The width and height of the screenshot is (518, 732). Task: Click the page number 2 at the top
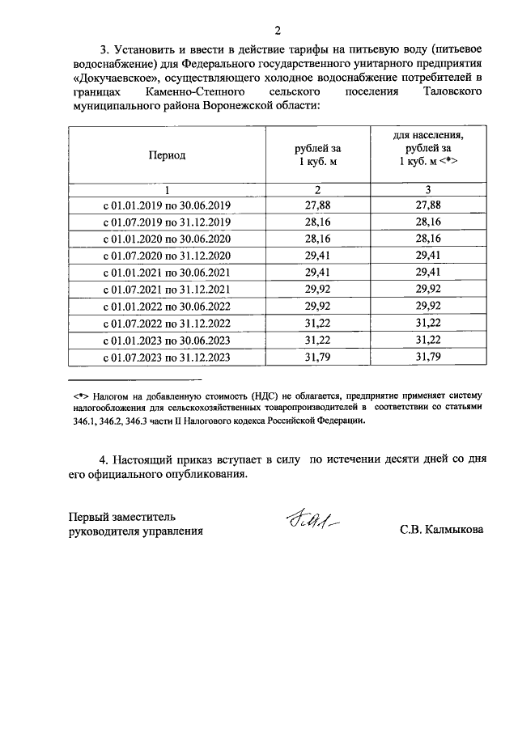click(x=277, y=32)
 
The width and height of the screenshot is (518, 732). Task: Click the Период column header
click(x=166, y=154)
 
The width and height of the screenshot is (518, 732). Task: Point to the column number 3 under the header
click(x=427, y=190)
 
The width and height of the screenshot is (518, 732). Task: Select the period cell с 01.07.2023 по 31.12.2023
click(x=166, y=358)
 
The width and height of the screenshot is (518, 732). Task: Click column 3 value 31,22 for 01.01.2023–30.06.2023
click(x=427, y=341)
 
